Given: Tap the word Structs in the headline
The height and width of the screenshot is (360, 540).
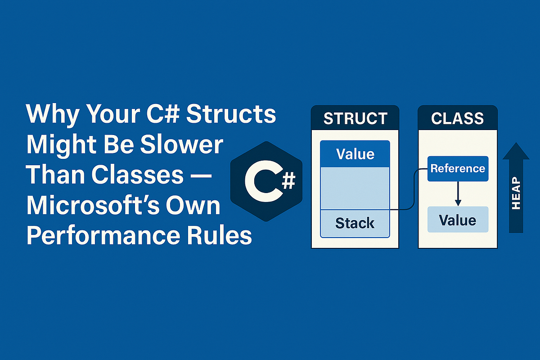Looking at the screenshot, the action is point(231,113).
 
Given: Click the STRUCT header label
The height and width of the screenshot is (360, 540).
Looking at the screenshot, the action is point(355,118).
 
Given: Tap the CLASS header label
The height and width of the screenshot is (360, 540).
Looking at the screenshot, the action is point(457,118).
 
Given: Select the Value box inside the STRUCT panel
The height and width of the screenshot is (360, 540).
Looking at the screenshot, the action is point(355,154).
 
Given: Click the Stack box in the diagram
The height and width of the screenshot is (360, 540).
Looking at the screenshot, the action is point(355,223).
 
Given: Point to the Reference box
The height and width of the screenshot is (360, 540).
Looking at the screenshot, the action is point(458,169).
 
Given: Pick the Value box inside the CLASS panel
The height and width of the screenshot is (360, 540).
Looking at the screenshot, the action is point(458,220).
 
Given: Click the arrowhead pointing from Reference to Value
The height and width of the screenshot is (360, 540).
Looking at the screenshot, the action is point(458,202).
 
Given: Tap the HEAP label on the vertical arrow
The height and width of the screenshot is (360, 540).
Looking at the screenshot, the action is point(516,193).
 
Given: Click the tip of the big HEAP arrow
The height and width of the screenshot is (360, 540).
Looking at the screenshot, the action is point(516,143).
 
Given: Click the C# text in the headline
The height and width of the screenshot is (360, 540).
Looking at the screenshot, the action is point(163,113).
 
